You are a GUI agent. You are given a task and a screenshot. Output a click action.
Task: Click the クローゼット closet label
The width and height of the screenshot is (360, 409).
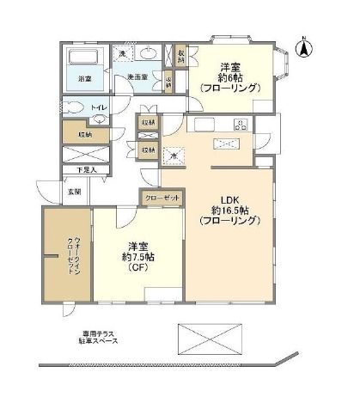pos(162,198)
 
